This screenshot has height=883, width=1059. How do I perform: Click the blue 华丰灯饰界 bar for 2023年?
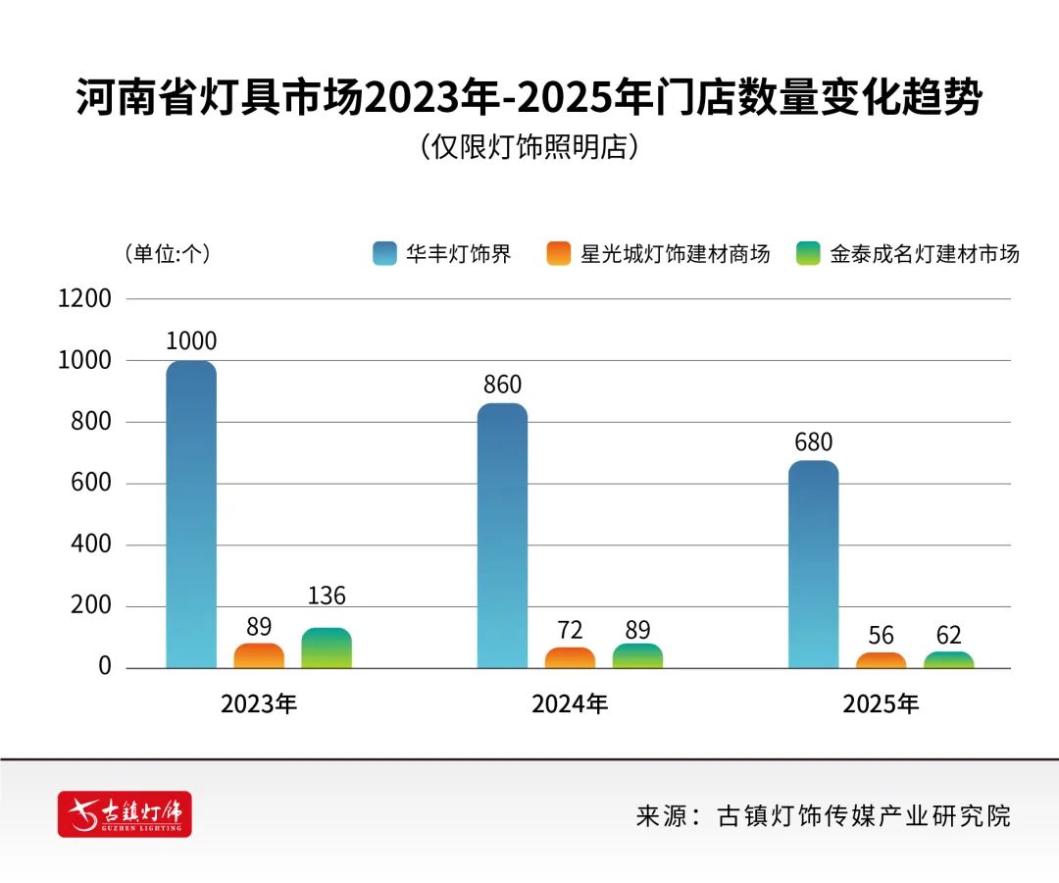191,515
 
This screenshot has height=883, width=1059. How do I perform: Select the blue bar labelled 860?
502,536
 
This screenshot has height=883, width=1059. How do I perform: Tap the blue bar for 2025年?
813,564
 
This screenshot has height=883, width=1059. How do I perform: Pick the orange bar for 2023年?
259,656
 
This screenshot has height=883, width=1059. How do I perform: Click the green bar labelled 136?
327,649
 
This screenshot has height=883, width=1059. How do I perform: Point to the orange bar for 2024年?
570,658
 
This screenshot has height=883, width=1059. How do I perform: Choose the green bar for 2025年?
948,660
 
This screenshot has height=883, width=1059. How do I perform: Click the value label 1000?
191,341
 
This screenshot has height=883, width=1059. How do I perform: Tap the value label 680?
813,441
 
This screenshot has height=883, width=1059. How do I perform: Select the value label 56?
881,635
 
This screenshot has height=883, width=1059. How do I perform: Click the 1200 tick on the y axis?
85,299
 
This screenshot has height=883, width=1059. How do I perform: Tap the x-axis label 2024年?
570,703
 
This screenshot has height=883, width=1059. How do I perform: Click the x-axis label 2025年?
881,703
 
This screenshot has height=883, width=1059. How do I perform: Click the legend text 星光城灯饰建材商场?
675,254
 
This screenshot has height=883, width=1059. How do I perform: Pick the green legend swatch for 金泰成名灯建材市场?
809,254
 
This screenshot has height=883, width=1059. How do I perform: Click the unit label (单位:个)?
167,253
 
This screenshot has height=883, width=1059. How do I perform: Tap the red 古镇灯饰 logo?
125,813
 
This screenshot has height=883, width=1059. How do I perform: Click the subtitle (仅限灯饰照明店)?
529,147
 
